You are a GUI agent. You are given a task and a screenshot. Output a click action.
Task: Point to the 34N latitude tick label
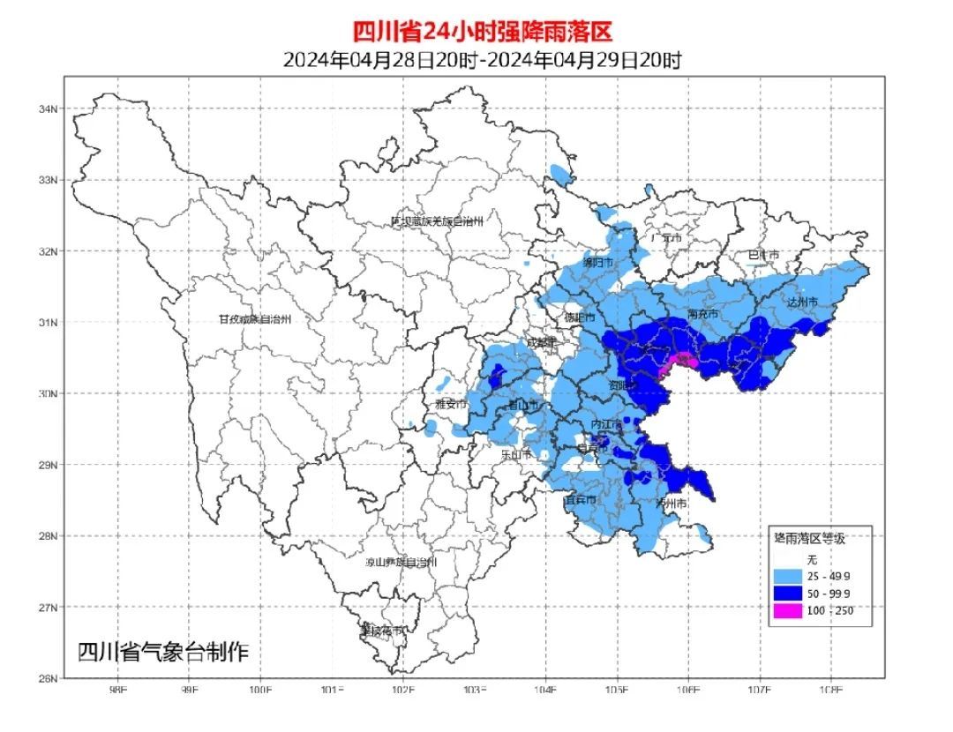tap(48, 108)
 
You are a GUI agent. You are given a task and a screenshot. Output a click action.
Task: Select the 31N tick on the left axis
tap(48, 322)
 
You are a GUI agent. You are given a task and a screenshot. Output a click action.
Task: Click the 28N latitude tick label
tap(48, 535)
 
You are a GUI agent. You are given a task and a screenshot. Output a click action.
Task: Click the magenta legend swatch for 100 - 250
tap(788, 609)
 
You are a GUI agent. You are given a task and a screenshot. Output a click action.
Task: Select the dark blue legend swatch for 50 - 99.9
tap(788, 592)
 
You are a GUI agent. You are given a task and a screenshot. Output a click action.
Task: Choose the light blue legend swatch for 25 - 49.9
tap(788, 575)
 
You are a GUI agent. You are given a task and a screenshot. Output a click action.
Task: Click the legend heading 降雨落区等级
tap(809, 537)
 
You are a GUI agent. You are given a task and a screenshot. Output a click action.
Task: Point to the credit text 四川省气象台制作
tap(163, 653)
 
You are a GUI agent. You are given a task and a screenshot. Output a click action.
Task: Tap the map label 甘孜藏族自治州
tap(255, 319)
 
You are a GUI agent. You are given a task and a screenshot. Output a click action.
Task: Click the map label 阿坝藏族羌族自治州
tap(438, 222)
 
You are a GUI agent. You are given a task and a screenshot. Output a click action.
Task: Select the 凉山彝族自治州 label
tap(401, 562)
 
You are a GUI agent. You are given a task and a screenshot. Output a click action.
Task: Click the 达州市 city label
tap(801, 303)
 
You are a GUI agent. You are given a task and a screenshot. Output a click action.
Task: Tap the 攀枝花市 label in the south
tap(384, 631)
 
